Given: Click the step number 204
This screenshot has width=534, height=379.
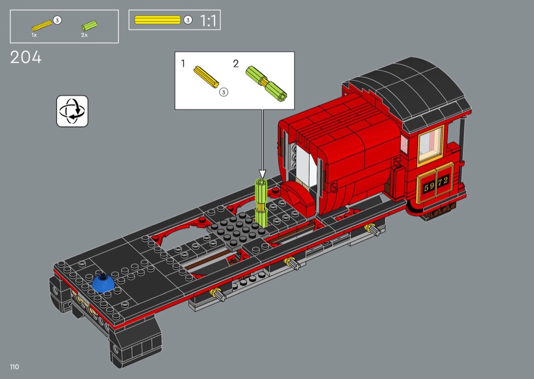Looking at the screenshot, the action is point(26,57).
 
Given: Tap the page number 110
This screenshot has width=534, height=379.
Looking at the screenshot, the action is point(14,367).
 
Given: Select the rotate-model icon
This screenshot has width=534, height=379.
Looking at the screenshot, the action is point(72,111).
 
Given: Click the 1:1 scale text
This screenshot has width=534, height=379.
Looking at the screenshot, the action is point(208,20).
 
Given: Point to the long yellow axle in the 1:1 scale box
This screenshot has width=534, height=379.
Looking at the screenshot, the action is point(158,20).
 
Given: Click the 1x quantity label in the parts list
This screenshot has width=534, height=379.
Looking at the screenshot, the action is point(34,35).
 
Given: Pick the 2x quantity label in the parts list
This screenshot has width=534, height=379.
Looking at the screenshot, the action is point(84,35).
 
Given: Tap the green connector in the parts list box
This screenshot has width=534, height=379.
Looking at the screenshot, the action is point(89,26).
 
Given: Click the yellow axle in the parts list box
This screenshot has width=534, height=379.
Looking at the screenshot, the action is point(42,25).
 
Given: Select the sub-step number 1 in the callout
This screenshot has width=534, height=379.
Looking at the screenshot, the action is point(183,64).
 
